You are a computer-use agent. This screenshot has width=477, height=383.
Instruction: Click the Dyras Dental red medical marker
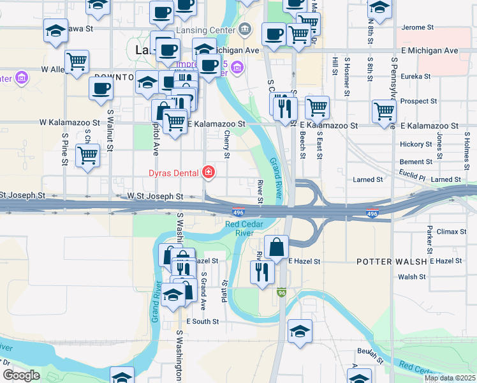[208, 172]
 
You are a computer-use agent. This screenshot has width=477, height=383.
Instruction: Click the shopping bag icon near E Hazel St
[276, 246]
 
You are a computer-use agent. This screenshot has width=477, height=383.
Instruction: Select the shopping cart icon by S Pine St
[87, 155]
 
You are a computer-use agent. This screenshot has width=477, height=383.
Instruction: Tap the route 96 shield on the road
[281, 293]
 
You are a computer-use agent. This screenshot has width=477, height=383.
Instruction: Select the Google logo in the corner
[22, 375]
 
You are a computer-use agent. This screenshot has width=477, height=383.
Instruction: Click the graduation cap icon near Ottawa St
[56, 29]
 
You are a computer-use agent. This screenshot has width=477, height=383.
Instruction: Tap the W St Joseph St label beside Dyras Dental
[155, 197]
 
